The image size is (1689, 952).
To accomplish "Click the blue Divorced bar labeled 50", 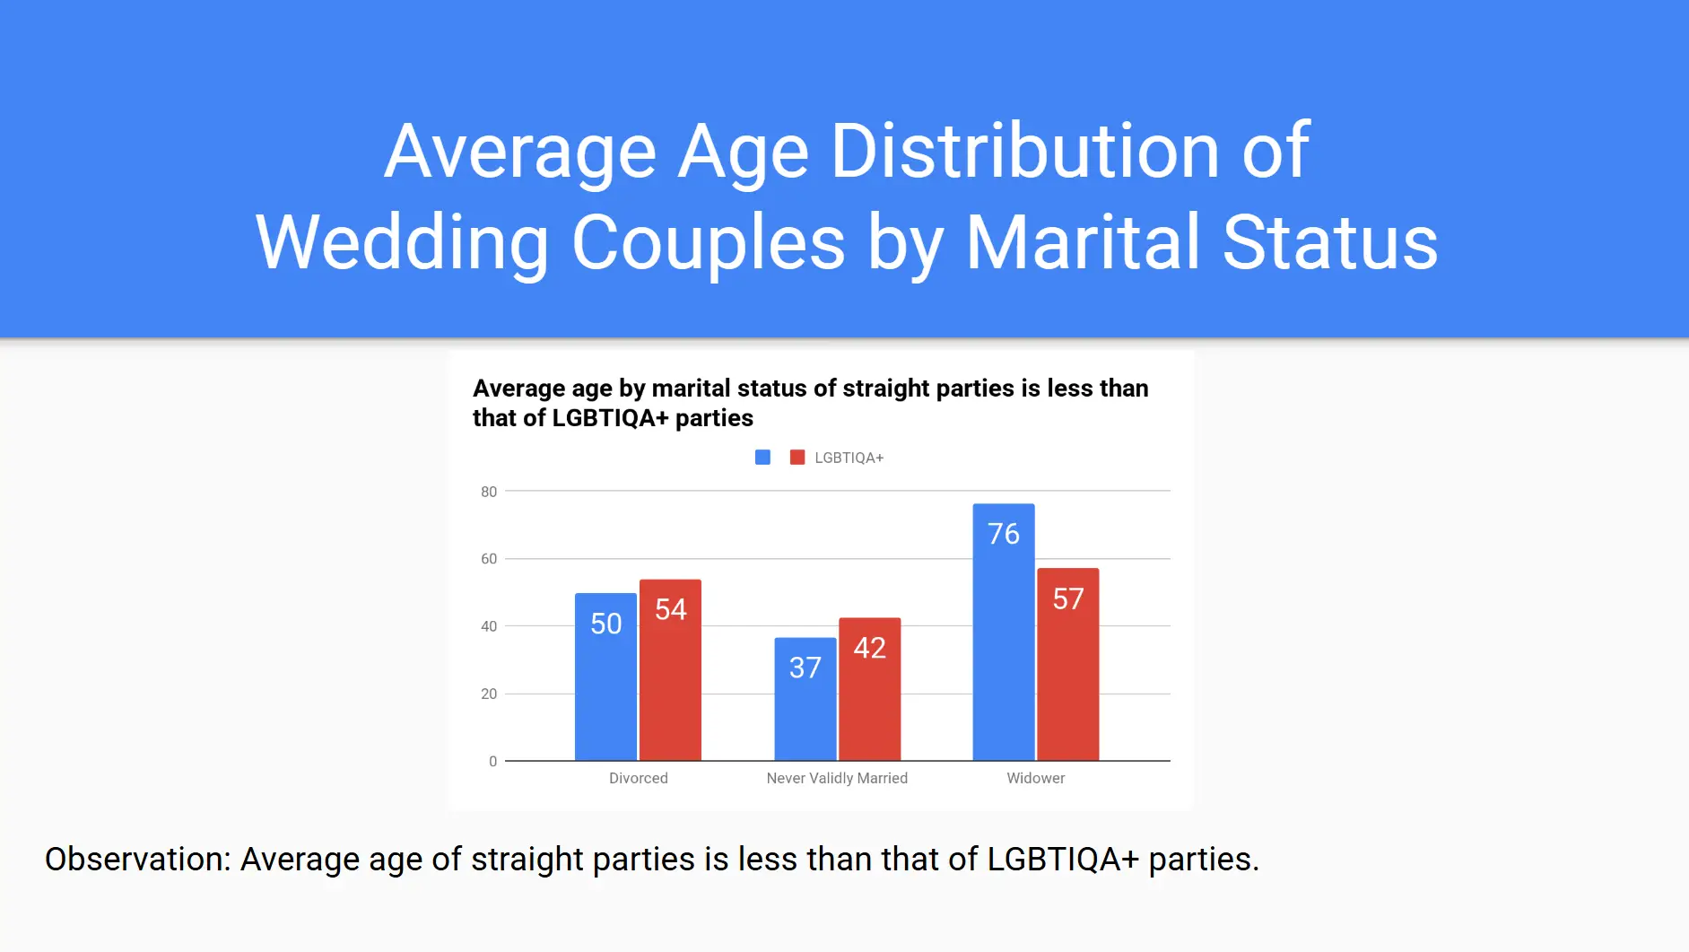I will [x=605, y=677].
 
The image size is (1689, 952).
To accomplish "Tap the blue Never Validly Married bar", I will [x=805, y=699].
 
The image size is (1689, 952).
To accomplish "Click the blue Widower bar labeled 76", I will [x=1003, y=632].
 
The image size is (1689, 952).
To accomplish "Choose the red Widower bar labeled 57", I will [x=1067, y=664].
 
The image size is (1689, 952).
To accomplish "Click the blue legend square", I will [x=762, y=458].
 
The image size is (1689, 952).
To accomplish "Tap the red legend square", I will [x=797, y=458].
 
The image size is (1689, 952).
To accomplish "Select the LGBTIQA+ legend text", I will [x=849, y=458].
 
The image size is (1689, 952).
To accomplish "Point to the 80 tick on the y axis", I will [x=489, y=492].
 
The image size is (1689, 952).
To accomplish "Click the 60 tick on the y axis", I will [x=489, y=559].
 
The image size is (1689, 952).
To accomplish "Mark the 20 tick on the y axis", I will [x=489, y=694].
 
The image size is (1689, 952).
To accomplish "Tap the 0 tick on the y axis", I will [x=492, y=762].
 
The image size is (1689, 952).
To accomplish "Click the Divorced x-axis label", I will [x=638, y=778].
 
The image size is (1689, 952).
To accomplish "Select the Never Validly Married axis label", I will [x=837, y=778].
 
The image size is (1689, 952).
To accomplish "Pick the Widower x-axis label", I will [x=1035, y=778].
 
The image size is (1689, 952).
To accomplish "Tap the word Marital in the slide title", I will [x=1083, y=242].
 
